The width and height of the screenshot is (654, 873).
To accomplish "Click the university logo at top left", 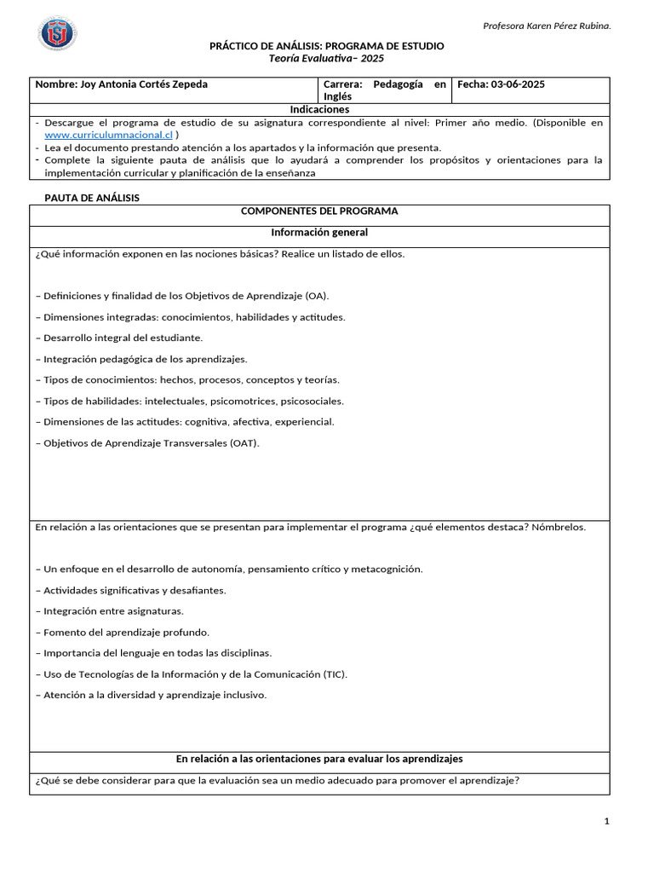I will pyautogui.click(x=57, y=34).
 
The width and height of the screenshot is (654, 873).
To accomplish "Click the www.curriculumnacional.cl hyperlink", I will pyautogui.click(x=108, y=135).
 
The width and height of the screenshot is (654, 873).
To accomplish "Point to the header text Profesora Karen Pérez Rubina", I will pyautogui.click(x=547, y=26).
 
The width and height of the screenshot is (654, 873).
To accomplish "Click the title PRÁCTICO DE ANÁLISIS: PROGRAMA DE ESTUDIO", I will pyautogui.click(x=326, y=46).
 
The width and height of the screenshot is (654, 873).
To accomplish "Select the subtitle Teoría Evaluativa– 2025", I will pyautogui.click(x=326, y=58).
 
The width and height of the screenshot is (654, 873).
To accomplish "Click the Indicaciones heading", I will pyautogui.click(x=319, y=110).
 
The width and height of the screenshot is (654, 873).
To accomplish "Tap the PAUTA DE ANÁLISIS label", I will pyautogui.click(x=92, y=198).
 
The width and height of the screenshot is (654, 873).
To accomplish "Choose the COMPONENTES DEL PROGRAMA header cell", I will pyautogui.click(x=319, y=211).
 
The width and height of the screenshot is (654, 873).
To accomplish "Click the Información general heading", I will pyautogui.click(x=319, y=233).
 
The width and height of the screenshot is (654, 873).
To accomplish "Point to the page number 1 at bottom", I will pyautogui.click(x=606, y=821).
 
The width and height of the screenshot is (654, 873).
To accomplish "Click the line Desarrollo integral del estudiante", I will pyautogui.click(x=119, y=338).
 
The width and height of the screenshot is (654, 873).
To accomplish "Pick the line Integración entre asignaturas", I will pyautogui.click(x=110, y=611).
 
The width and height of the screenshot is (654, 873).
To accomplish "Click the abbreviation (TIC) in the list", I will pyautogui.click(x=335, y=674).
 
